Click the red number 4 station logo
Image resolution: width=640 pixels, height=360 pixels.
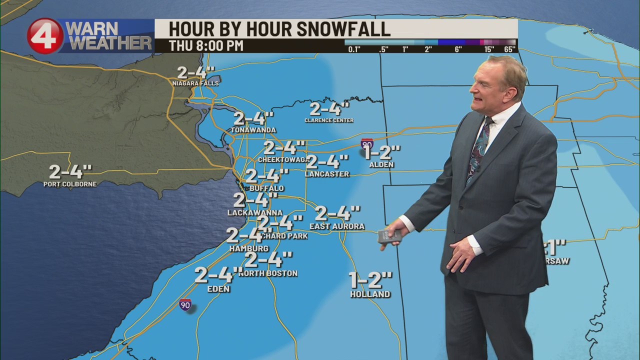pos(45,36)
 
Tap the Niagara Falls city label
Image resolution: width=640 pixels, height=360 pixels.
pos(195,83)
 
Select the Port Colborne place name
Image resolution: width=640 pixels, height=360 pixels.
pos(70,184)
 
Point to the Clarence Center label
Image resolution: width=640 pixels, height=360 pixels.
pos(329,120)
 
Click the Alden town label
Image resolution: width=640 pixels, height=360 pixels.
pos(381,164)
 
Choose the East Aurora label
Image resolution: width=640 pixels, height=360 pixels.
pos(337,226)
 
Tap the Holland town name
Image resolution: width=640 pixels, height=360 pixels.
pos(370,294)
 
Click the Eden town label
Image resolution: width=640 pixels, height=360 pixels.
pos(218,289)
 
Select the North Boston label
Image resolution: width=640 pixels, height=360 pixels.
pos(268,273)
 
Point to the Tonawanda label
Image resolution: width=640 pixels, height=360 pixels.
pos(253,130)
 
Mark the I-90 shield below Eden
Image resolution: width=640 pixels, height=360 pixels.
pos(185,304)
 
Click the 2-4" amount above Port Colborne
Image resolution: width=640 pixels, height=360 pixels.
pos(70,171)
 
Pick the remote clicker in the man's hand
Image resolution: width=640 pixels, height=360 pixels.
pos(389,236)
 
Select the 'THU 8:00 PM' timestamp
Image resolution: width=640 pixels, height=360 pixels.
pos(206,45)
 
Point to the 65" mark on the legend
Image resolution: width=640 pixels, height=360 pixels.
pos(510,49)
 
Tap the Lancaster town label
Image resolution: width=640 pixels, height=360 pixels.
pos(327,174)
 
